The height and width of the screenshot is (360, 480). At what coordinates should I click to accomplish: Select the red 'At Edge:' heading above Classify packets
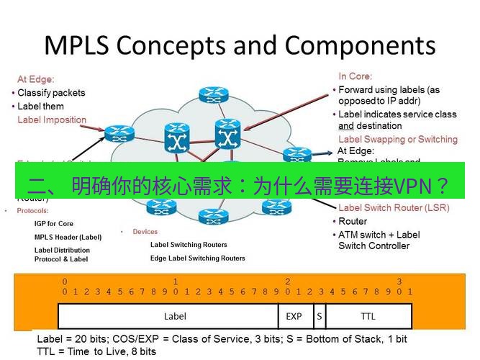pyautogui.click(x=36, y=79)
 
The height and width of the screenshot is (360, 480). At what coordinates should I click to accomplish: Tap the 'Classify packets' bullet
pyautogui.click(x=50, y=93)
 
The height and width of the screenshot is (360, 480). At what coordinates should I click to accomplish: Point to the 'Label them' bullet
pyautogui.click(x=40, y=107)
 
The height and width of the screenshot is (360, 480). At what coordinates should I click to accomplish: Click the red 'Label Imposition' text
pyautogui.click(x=52, y=120)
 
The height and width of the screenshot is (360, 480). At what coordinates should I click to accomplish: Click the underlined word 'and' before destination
pyautogui.click(x=345, y=126)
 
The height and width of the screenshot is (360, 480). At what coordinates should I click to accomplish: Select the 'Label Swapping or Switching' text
pyautogui.click(x=397, y=139)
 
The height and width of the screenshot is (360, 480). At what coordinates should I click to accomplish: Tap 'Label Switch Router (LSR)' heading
pyautogui.click(x=394, y=208)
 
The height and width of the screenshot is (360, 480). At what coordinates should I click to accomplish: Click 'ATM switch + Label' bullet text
pyautogui.click(x=379, y=235)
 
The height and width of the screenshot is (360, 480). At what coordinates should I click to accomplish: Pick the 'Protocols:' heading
pyautogui.click(x=33, y=211)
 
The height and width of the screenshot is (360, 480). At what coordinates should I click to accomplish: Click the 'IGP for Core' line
pyautogui.click(x=54, y=224)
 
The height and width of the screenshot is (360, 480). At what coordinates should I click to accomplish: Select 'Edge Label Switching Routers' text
pyautogui.click(x=197, y=258)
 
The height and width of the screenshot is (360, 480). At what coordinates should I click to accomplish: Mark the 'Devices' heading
pyautogui.click(x=145, y=232)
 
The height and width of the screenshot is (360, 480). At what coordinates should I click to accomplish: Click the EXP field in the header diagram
pyautogui.click(x=294, y=316)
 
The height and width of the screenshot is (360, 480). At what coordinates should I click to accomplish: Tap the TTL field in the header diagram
pyautogui.click(x=368, y=316)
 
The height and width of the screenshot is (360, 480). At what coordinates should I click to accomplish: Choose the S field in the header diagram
pyautogui.click(x=319, y=316)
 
